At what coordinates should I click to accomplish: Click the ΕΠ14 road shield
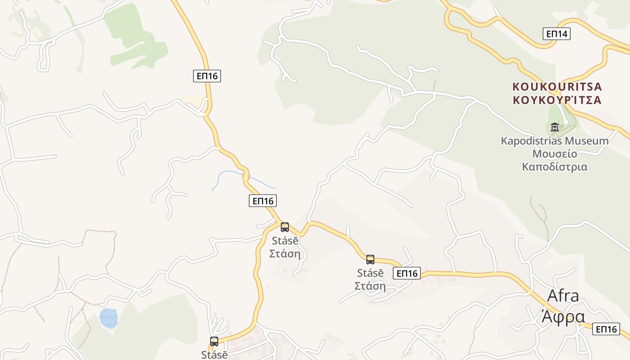click(556, 34)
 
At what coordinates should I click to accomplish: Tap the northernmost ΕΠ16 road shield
click(207, 76)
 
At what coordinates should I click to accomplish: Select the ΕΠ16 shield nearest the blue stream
click(262, 201)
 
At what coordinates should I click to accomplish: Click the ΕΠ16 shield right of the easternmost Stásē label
click(406, 273)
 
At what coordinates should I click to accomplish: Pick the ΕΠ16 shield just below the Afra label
click(606, 329)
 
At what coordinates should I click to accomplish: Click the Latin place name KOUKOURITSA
click(557, 86)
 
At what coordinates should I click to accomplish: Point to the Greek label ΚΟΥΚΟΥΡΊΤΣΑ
click(557, 100)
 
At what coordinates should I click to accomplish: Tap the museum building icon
click(554, 127)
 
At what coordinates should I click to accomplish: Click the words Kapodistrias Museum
click(554, 141)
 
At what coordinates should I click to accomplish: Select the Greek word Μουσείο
click(554, 154)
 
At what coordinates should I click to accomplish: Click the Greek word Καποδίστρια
click(554, 167)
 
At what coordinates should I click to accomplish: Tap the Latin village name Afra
click(563, 296)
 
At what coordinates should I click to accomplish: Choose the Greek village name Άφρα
click(563, 316)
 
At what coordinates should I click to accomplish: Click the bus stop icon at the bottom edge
click(214, 341)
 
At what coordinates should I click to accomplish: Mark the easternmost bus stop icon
click(370, 259)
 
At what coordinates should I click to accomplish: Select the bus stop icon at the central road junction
click(285, 227)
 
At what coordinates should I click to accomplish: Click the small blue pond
click(108, 318)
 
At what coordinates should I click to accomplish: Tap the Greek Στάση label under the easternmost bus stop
click(370, 286)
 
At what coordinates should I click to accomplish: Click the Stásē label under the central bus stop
click(285, 241)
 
